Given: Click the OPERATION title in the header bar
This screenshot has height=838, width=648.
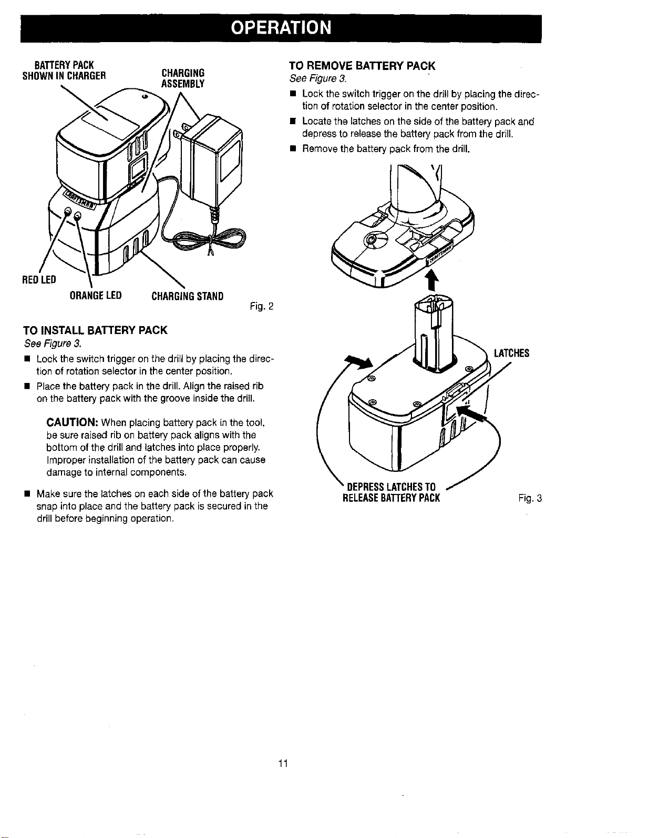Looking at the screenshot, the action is point(281,28).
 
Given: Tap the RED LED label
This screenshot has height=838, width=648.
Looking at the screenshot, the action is point(39,279).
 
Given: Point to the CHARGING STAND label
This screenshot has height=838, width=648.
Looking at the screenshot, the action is point(188,297).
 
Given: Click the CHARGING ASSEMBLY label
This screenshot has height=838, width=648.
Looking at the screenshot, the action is point(183,78).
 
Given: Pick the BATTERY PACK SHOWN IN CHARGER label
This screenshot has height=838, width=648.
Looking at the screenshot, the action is point(64,70).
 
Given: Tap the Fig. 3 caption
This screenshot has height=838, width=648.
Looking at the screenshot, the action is point(530,498).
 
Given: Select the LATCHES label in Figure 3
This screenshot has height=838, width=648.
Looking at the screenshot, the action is point(511,354).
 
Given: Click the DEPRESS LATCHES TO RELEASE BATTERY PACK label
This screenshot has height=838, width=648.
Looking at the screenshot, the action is point(392,492).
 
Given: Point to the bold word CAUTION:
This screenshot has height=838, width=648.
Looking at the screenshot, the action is point(72,422).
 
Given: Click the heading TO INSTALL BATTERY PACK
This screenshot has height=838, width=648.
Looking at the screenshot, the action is point(95,330).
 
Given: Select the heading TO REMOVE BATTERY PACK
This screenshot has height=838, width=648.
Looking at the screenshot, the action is point(362,66).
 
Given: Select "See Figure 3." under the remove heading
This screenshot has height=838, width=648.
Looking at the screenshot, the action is point(318,79).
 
